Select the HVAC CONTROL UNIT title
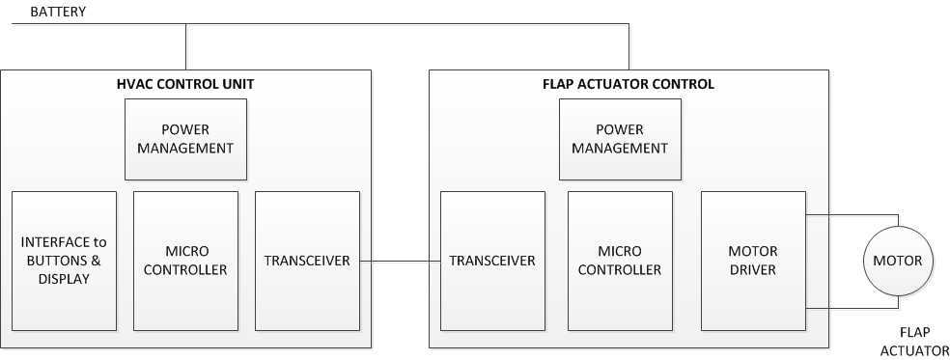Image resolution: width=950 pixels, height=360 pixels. (184, 84)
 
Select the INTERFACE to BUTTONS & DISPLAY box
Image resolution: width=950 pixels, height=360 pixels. (64, 261)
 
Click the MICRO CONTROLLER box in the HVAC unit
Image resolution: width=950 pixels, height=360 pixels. (185, 261)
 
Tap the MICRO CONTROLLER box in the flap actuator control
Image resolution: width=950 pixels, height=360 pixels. (620, 261)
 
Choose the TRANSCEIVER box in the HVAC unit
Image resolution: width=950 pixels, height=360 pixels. (307, 261)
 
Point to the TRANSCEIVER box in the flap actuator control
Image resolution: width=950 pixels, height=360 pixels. (492, 261)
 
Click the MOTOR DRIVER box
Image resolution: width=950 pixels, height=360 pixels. (752, 261)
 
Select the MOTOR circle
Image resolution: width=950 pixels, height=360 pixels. (897, 261)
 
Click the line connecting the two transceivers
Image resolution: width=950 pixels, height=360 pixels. (400, 261)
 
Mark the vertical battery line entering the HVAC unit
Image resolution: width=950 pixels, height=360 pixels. (184, 47)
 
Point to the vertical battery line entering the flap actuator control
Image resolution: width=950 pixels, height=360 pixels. (629, 47)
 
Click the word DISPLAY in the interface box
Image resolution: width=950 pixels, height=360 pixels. (64, 279)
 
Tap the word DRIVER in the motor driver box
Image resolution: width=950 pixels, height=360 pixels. (752, 270)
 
